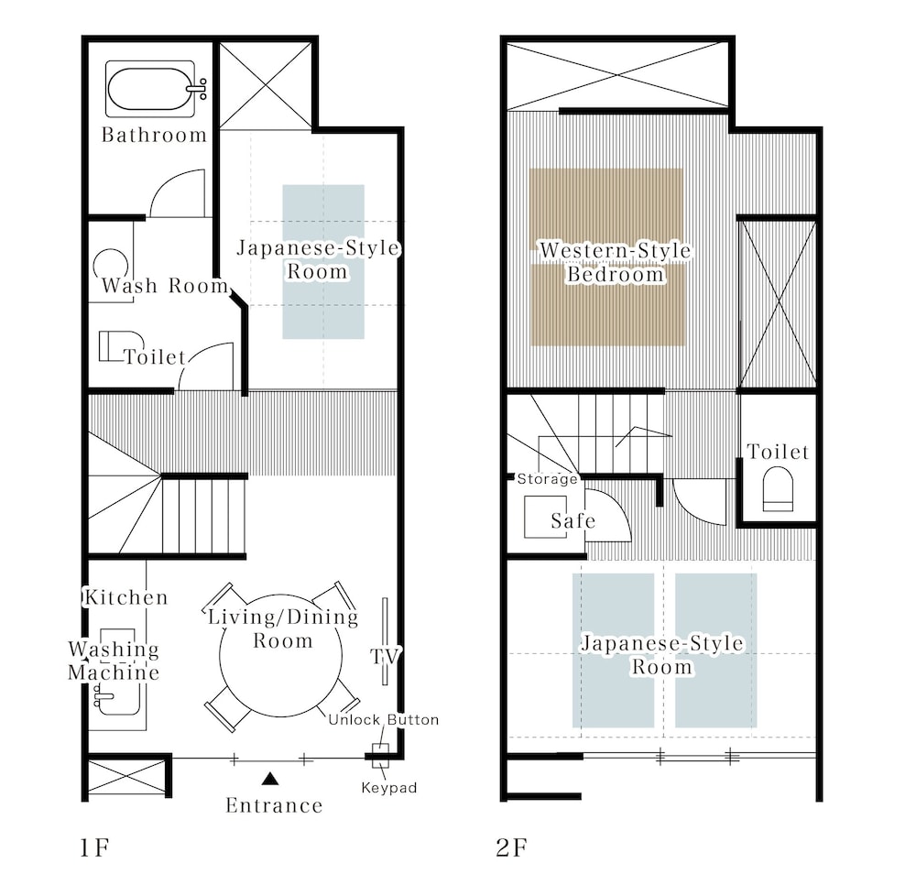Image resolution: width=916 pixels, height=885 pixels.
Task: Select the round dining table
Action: [280, 655]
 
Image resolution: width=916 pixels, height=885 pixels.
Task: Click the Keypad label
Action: [389, 788]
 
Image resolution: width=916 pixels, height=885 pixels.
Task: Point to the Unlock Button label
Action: [383, 720]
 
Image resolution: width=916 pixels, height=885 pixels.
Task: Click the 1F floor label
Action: [94, 847]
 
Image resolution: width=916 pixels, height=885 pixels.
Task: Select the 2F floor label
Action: [512, 847]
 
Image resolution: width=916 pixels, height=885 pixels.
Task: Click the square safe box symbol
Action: [545, 517]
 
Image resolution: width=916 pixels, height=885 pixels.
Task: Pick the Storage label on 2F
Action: [548, 479]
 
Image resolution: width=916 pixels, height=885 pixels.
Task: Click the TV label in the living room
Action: [386, 656]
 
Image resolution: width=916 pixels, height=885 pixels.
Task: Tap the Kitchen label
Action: [126, 597]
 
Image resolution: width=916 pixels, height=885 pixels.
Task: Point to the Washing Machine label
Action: [114, 661]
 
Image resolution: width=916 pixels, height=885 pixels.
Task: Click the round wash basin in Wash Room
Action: [111, 266]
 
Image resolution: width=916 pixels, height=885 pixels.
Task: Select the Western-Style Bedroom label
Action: [616, 262]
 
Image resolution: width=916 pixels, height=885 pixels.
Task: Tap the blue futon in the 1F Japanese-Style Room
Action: [323, 262]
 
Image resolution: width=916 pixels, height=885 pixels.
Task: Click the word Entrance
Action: [274, 805]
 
